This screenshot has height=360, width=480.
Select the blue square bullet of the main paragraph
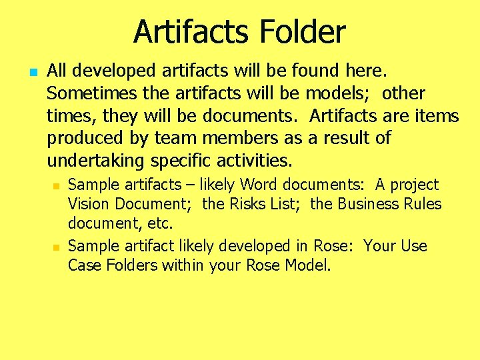33,70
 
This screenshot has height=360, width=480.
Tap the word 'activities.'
256,161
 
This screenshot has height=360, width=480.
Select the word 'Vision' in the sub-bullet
89,203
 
